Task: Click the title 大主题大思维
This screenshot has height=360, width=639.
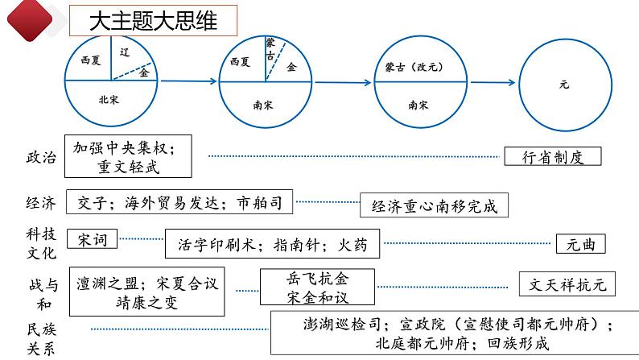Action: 153,21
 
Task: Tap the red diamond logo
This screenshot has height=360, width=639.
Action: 30,19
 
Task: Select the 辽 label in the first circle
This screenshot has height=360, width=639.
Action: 125,52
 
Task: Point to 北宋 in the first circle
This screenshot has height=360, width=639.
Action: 109,100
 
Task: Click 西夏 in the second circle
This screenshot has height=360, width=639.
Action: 240,62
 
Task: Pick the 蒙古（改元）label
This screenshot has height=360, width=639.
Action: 414,67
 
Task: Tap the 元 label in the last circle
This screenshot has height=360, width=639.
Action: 564,85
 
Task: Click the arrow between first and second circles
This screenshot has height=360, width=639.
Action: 188,81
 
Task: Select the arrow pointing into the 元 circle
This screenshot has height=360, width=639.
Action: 493,82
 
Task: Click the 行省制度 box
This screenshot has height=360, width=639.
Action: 553,156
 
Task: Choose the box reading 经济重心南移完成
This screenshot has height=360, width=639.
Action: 434,205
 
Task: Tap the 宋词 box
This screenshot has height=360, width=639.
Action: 92,239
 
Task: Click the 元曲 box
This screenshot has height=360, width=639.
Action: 581,244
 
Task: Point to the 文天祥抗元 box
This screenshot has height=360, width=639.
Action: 567,284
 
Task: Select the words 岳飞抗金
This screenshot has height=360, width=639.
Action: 317,279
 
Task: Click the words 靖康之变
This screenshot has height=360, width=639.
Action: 146,303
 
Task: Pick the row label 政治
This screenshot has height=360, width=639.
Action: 41,157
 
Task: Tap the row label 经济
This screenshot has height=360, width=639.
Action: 41,203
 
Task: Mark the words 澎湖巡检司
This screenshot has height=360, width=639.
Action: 342,325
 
